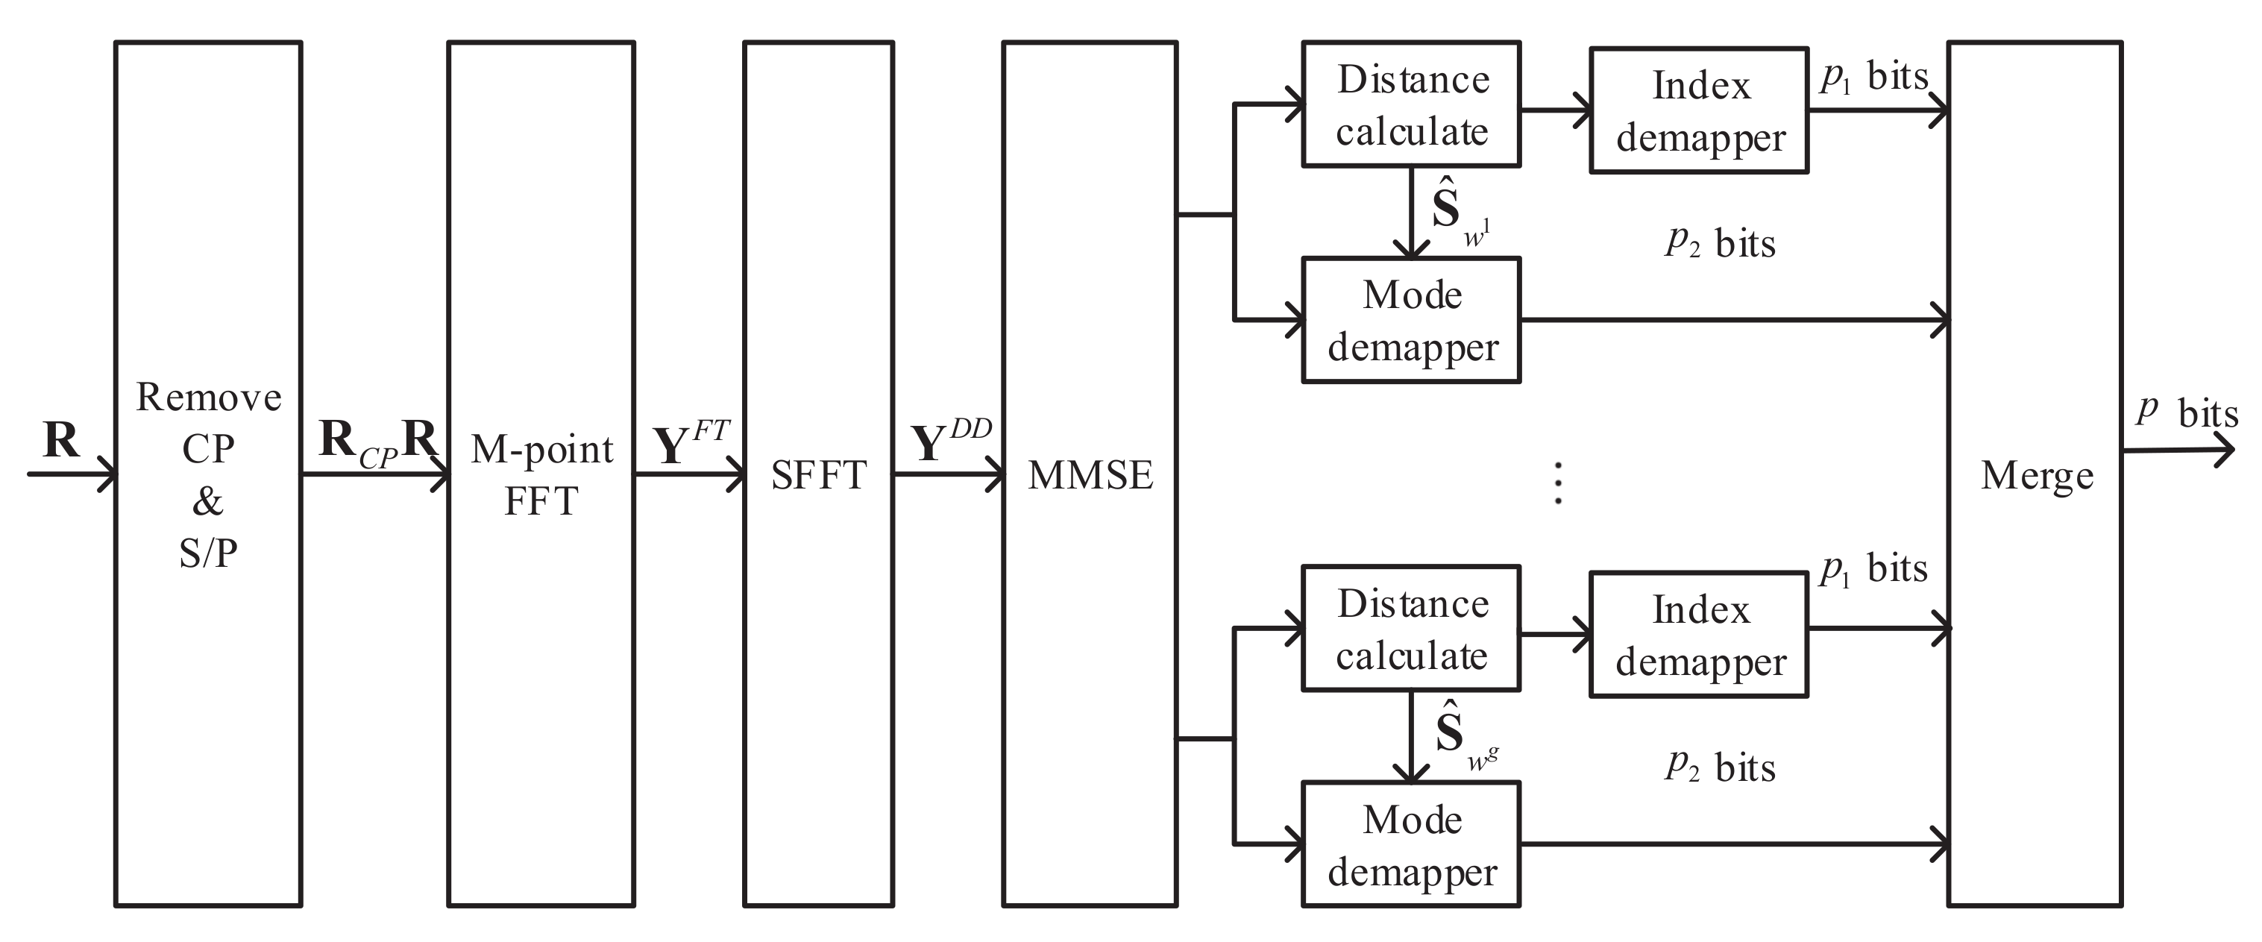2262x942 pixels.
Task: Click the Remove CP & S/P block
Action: pos(208,474)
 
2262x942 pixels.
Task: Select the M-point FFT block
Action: pos(541,474)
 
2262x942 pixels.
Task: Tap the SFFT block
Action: pos(818,474)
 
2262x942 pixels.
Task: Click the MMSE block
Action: pos(1090,474)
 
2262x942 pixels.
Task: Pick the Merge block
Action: pos(2035,474)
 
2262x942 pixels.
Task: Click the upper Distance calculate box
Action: pos(1411,104)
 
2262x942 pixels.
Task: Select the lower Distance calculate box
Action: pos(1411,629)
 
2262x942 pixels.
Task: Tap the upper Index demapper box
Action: pos(1699,110)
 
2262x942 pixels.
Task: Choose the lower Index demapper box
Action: pos(1699,635)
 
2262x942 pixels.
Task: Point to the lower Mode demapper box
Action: pos(1411,844)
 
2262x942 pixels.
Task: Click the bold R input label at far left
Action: pos(60,439)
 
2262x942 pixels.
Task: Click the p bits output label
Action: pos(2187,411)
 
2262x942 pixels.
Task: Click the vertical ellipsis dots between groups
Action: pos(1558,483)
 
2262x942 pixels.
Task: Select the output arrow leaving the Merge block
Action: pos(2178,450)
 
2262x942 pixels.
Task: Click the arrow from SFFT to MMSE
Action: pos(949,474)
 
